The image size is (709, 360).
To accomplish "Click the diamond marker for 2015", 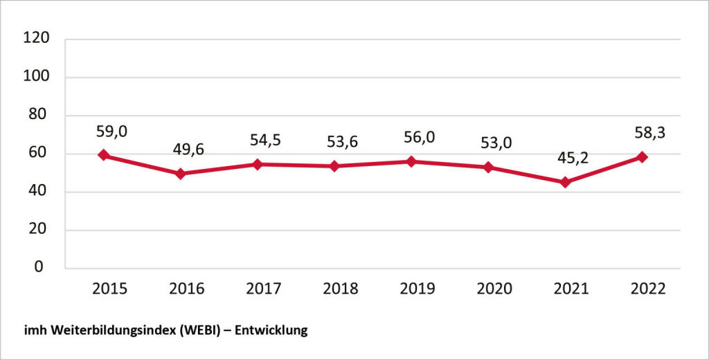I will [x=103, y=155].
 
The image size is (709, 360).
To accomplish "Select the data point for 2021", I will [x=565, y=182].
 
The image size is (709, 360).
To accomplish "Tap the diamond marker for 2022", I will [x=642, y=157].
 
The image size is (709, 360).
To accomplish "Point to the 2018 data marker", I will [x=334, y=166].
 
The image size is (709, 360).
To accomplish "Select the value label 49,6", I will [x=187, y=148].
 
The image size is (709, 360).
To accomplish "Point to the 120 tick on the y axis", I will [x=37, y=38].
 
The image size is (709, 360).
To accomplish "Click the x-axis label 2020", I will [x=494, y=289].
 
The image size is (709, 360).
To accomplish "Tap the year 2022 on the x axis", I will [x=648, y=289].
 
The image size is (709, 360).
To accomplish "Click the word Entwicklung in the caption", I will [x=271, y=332].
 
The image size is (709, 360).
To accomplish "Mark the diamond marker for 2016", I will [x=180, y=174].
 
